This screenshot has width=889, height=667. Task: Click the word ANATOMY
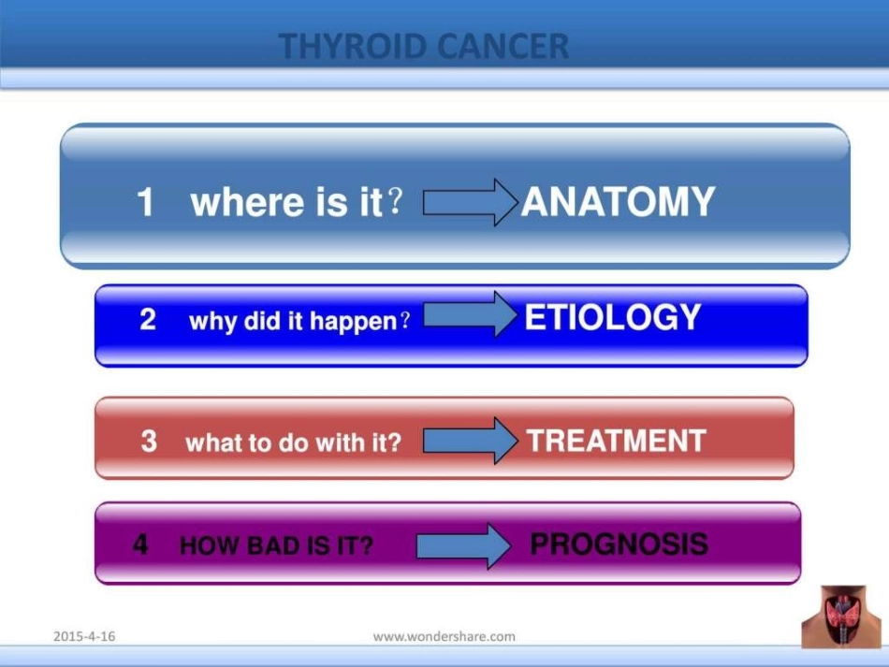618,201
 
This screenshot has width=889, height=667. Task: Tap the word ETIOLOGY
613,316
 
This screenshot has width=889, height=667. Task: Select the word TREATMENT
617,441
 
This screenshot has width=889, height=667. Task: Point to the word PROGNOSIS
619,544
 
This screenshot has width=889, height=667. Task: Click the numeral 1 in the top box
145,202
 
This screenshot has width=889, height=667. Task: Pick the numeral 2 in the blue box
148,319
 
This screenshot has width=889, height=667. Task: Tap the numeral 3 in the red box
149,441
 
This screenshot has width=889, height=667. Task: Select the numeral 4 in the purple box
140,544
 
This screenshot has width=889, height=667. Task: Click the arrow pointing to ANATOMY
471,202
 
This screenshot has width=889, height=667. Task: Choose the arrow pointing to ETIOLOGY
471,314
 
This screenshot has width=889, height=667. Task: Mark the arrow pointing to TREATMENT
471,441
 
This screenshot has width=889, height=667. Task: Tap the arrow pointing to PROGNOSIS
464,545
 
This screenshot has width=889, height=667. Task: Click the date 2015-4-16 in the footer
84,636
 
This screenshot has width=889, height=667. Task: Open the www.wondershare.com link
444,636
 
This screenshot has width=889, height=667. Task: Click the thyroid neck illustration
841,616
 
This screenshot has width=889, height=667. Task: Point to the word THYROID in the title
353,46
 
